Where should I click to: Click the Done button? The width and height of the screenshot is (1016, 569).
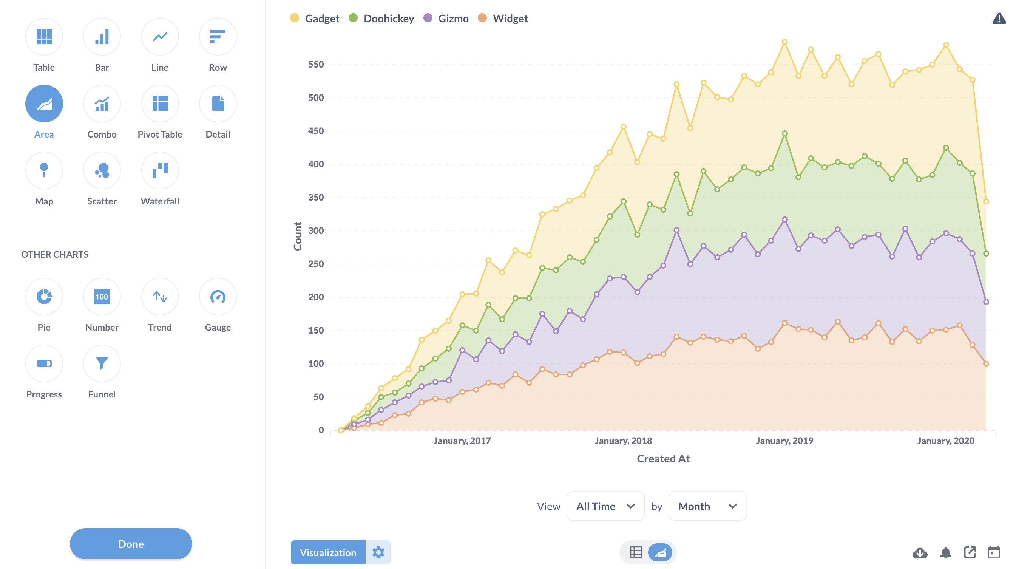(x=131, y=543)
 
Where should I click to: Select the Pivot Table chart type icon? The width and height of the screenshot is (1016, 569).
(x=160, y=104)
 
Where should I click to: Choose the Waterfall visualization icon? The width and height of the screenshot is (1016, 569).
(x=160, y=170)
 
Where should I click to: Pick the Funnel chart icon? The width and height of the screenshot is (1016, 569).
(x=102, y=363)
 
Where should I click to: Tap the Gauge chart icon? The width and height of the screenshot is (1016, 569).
(x=218, y=297)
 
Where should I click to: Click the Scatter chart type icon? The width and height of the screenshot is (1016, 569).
(x=102, y=170)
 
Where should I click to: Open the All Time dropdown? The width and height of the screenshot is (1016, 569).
(x=605, y=506)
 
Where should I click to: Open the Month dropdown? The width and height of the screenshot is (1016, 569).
(x=707, y=506)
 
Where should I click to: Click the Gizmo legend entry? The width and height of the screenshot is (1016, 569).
(x=446, y=19)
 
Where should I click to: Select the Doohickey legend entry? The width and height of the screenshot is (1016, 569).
(x=381, y=19)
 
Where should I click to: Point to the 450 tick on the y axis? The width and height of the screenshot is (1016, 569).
(x=315, y=131)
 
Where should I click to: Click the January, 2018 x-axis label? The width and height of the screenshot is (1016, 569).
(x=623, y=441)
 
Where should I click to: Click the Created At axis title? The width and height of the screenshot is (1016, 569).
(x=663, y=459)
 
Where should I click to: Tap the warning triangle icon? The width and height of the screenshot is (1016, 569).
(x=999, y=19)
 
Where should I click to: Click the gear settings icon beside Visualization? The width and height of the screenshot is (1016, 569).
(x=378, y=552)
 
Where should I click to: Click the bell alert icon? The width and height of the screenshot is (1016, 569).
(x=945, y=552)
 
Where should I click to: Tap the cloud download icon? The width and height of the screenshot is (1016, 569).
(x=920, y=552)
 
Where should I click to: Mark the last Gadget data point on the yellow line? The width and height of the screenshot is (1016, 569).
(x=986, y=201)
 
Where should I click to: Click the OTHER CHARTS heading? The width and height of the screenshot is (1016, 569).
(x=55, y=255)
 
